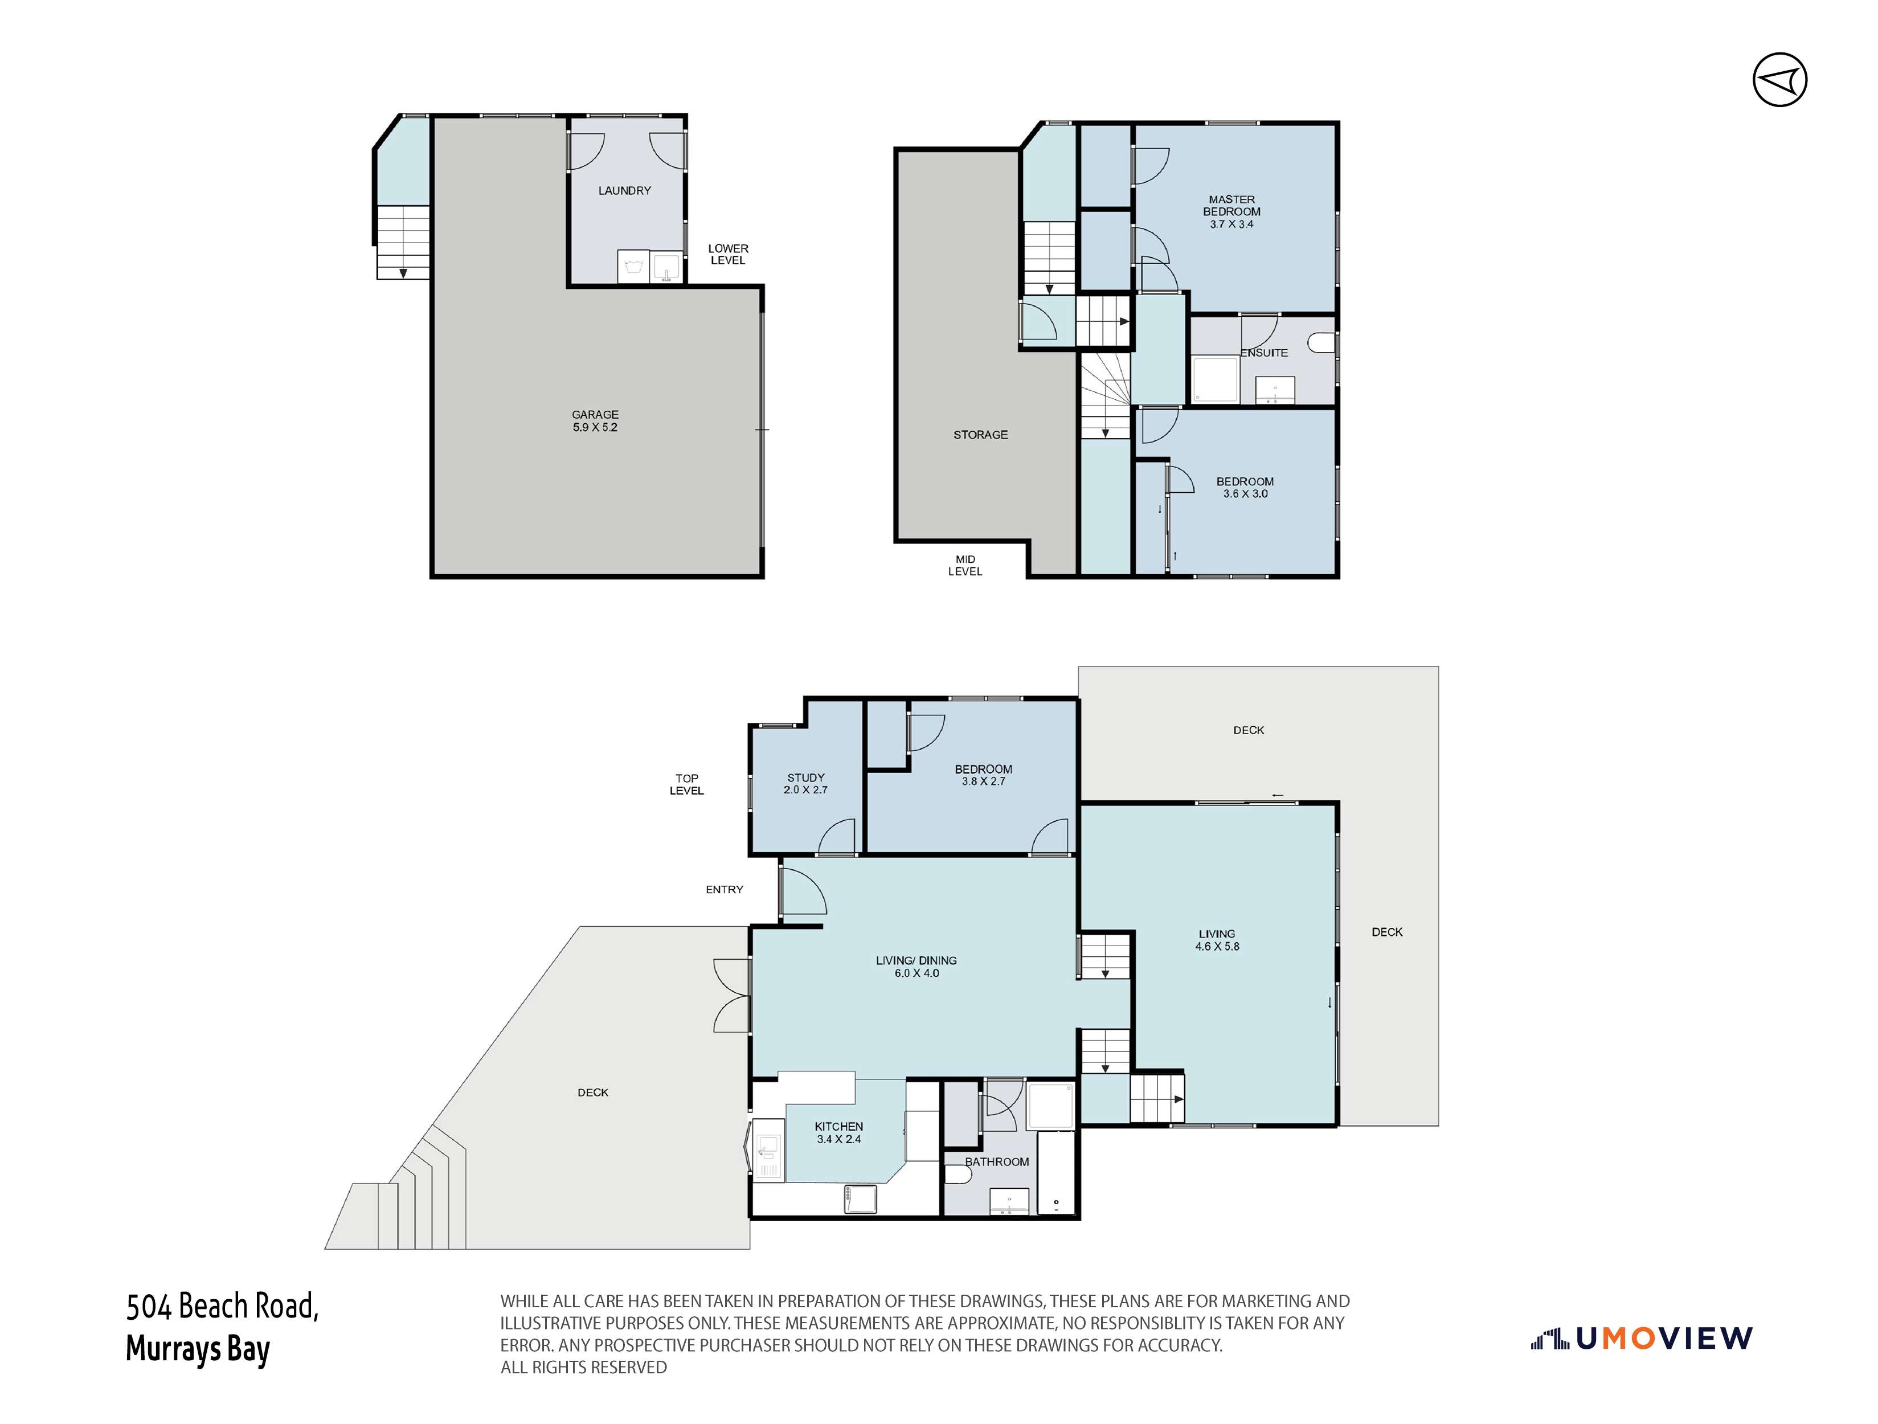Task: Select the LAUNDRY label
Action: click(x=624, y=191)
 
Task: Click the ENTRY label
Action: click(x=723, y=890)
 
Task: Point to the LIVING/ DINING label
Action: click(x=916, y=960)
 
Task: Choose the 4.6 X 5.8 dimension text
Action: click(x=1217, y=947)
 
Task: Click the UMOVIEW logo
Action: click(x=1642, y=1339)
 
